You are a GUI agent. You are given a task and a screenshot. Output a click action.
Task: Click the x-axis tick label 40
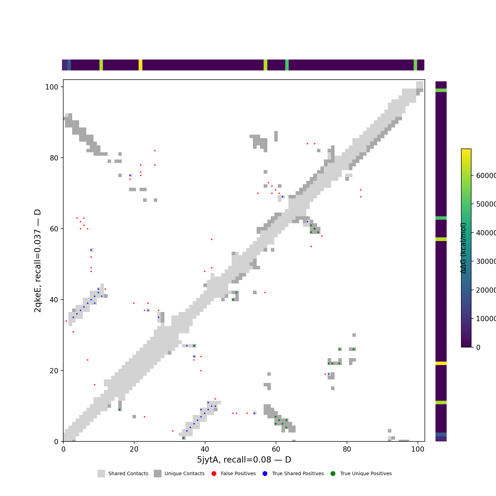[205, 449]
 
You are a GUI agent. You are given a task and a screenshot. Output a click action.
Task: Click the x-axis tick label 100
[418, 449]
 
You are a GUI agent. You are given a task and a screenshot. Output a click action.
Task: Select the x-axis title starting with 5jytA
[244, 460]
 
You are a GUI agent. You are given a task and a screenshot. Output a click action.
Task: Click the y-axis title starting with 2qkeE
[37, 261]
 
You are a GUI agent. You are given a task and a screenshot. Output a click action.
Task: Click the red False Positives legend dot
[214, 474]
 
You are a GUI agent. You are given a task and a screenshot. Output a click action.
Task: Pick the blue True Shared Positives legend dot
[265, 474]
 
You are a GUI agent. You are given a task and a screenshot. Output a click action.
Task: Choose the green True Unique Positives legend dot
[333, 474]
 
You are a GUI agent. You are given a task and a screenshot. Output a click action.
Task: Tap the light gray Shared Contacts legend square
[101, 474]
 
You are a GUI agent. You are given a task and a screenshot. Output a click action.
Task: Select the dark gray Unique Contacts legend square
[158, 474]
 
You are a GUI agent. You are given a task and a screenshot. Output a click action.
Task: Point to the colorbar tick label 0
[478, 347]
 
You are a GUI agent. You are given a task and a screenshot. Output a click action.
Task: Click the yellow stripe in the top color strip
[140, 65]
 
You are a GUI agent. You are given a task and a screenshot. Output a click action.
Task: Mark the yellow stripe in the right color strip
[441, 363]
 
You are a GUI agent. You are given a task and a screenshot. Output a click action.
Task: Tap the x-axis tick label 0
[63, 449]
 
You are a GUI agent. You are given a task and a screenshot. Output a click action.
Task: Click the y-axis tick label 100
[52, 87]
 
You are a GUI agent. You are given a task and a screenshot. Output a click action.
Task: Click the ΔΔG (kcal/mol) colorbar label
[463, 248]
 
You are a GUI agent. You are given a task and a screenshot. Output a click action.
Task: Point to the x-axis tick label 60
[276, 449]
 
